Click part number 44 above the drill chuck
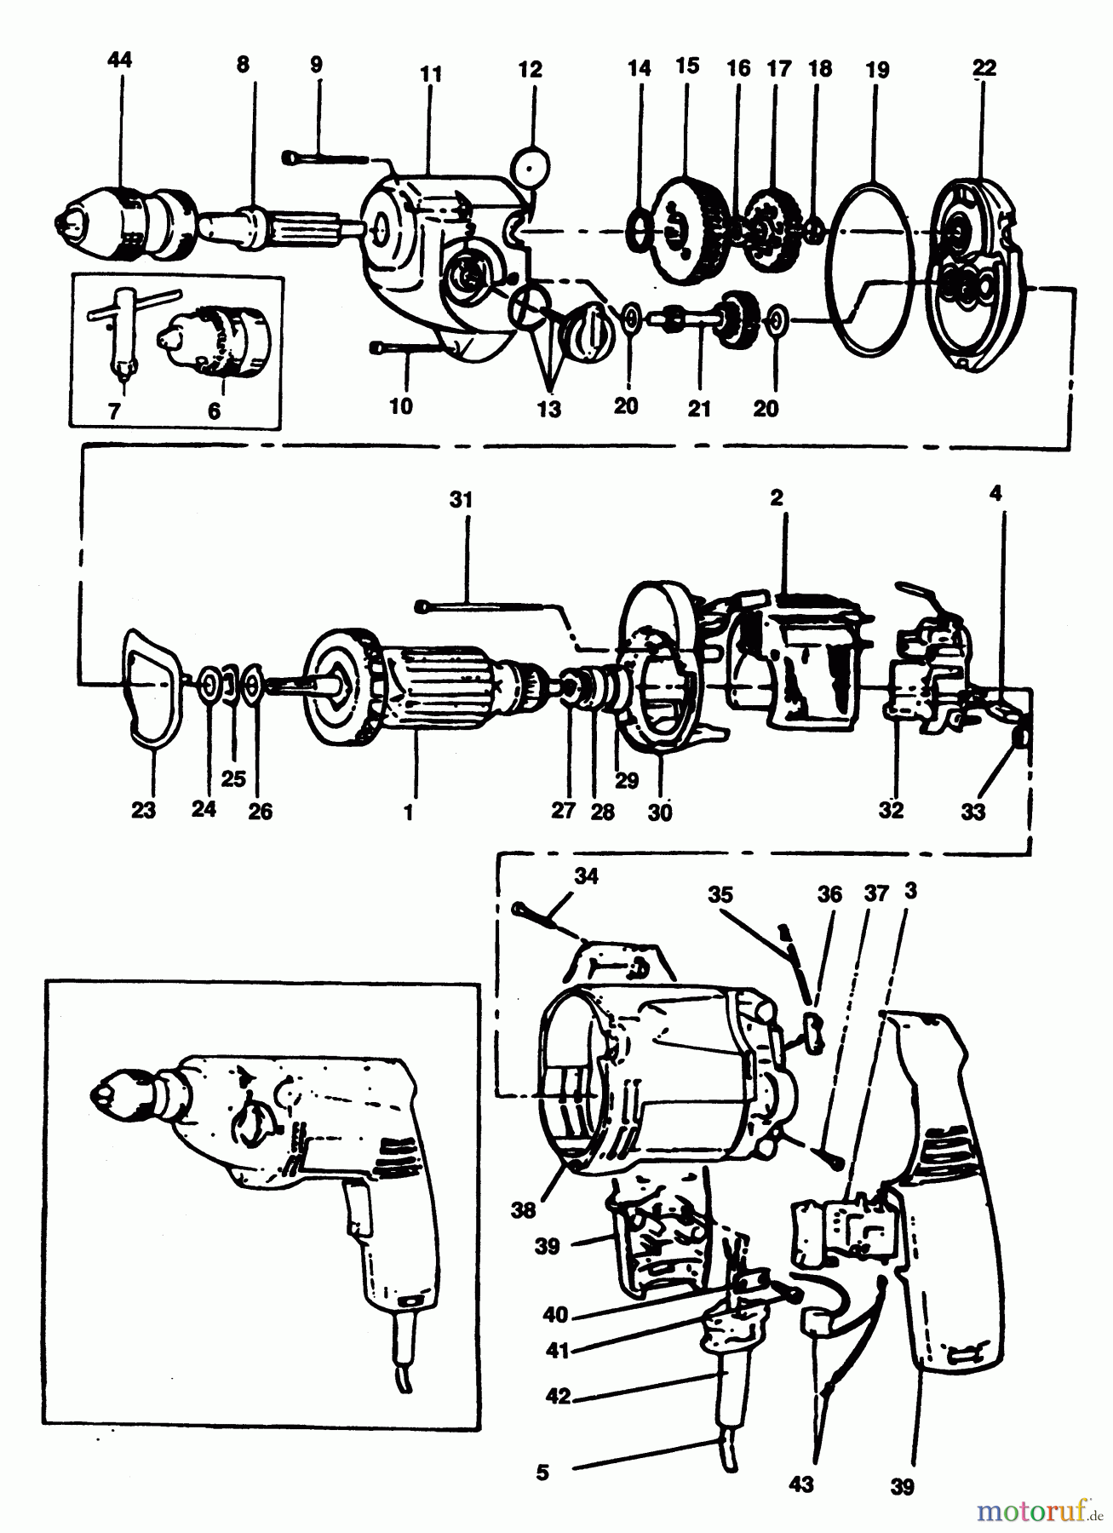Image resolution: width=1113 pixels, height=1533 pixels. [121, 60]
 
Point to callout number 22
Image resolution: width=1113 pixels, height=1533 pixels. [984, 68]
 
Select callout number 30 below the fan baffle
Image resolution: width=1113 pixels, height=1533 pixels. [659, 812]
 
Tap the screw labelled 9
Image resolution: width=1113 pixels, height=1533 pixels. [324, 156]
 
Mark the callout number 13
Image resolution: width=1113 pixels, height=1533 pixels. [549, 409]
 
